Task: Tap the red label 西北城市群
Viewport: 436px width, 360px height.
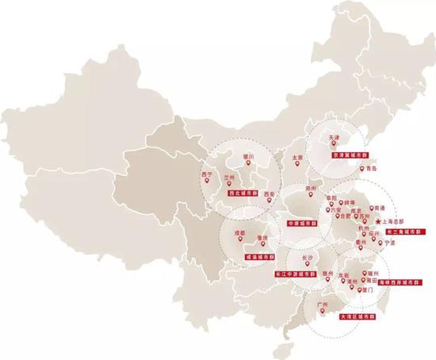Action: click(243, 192)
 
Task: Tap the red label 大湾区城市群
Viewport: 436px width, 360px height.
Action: click(354, 316)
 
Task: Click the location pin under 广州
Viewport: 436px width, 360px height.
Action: click(321, 311)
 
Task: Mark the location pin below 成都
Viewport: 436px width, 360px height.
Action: click(238, 243)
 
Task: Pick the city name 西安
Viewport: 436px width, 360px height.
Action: click(268, 193)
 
